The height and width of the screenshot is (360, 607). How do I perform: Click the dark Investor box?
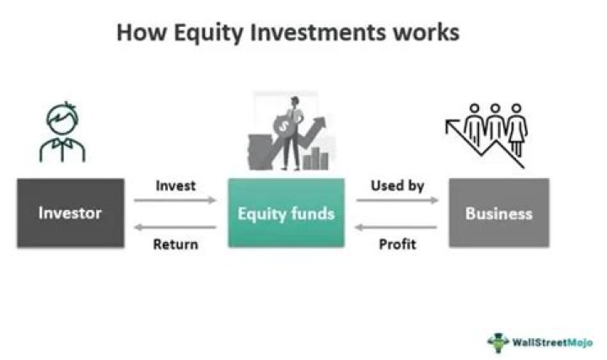coord(69,212)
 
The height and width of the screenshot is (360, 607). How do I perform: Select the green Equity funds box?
coord(286,212)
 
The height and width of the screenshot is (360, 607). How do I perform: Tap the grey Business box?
coord(498,212)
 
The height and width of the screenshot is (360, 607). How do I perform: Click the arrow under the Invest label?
coord(175,201)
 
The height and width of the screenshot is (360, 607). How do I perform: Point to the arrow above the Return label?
coord(175,227)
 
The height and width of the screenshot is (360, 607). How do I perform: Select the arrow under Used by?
coord(397,201)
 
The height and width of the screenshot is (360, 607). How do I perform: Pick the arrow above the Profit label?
coord(397,227)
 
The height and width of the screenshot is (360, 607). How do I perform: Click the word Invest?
coord(175,185)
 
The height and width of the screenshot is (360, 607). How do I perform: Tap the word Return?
coord(175,244)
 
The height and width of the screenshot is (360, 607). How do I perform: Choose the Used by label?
coord(397,185)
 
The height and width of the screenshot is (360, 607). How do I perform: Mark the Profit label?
coord(397,244)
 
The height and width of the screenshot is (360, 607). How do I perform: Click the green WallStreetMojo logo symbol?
coord(498,341)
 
